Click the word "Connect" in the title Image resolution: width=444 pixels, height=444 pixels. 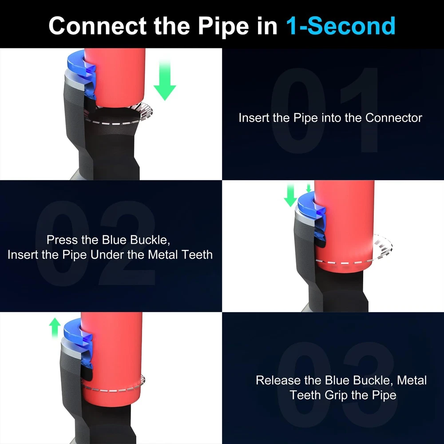coord(98,26)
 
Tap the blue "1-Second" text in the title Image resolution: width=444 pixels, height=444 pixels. coord(341,26)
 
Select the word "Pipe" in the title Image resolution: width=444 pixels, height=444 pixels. coord(223,27)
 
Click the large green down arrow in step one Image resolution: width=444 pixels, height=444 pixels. coord(165,80)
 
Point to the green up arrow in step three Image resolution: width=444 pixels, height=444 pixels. coord(55,328)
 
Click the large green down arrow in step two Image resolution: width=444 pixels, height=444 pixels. coord(290,194)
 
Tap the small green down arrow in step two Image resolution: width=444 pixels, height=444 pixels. coord(309,187)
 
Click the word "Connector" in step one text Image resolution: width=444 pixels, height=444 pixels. coord(393,118)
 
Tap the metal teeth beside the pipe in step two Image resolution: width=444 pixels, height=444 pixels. coord(383,246)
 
